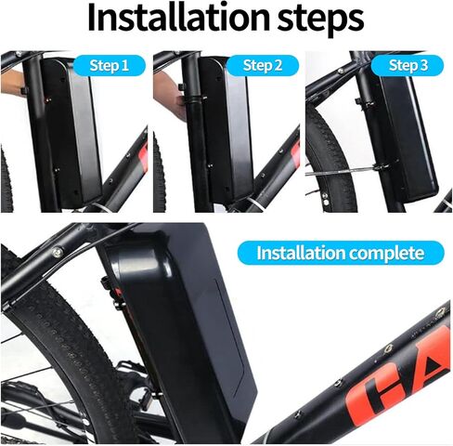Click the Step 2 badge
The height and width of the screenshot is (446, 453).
click(x=263, y=65)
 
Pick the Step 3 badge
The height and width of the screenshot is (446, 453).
click(x=408, y=65)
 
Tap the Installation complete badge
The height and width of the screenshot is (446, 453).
click(x=338, y=253)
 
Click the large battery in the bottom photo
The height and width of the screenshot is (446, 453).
click(x=181, y=316)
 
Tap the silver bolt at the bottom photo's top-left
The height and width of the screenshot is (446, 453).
click(x=58, y=252)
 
